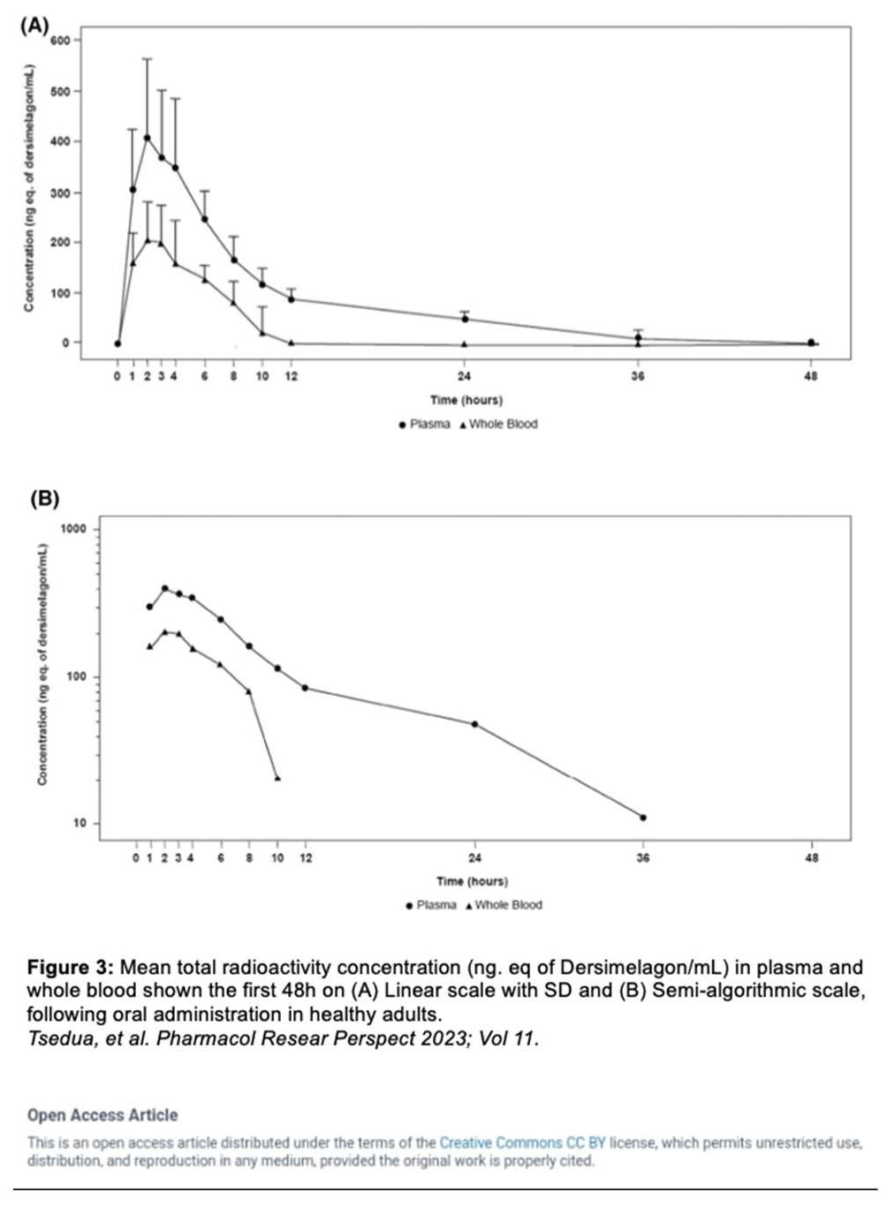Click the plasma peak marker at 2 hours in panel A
pyautogui.click(x=147, y=138)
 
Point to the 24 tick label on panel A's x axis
pyautogui.click(x=465, y=376)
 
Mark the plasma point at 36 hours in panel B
pyautogui.click(x=642, y=818)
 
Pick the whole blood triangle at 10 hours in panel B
pyautogui.click(x=277, y=778)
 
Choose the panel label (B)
pyautogui.click(x=44, y=499)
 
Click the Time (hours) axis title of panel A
pyautogui.click(x=466, y=400)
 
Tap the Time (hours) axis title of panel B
pyautogui.click(x=472, y=881)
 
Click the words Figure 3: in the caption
pyautogui.click(x=70, y=967)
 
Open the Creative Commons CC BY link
pyautogui.click(x=522, y=1143)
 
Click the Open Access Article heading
pyautogui.click(x=102, y=1115)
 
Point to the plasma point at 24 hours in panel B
pyautogui.click(x=474, y=724)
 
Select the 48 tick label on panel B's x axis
pyautogui.click(x=812, y=857)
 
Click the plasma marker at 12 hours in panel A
pyautogui.click(x=291, y=299)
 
